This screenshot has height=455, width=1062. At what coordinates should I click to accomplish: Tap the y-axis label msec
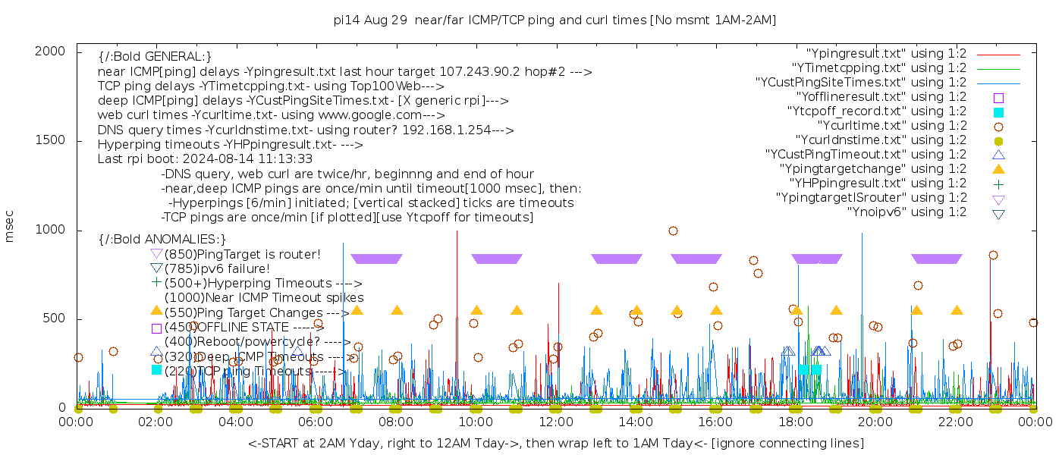pos(10,226)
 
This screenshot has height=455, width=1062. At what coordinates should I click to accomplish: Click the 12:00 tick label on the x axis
pos(556,422)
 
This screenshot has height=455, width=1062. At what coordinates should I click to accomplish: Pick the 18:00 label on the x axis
pos(796,422)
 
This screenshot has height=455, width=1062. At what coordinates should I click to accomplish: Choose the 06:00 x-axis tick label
pos(316,422)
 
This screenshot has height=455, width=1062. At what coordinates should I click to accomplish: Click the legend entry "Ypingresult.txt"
pos(885,54)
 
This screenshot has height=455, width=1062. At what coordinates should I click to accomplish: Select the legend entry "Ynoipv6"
pos(906,212)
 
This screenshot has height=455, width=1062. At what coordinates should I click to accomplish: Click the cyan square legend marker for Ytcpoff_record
pos(998,112)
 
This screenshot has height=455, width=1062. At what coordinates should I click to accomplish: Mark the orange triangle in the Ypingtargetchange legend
pos(998,169)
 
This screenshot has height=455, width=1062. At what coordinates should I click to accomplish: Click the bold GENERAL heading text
pos(155,57)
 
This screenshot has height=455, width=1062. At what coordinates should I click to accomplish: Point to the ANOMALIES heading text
pos(162,240)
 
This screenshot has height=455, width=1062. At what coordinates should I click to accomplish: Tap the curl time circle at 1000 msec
pos(673,231)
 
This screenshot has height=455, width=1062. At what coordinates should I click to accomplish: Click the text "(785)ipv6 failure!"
pos(217,268)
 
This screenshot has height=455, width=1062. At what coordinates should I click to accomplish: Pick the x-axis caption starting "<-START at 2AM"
pos(555,443)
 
